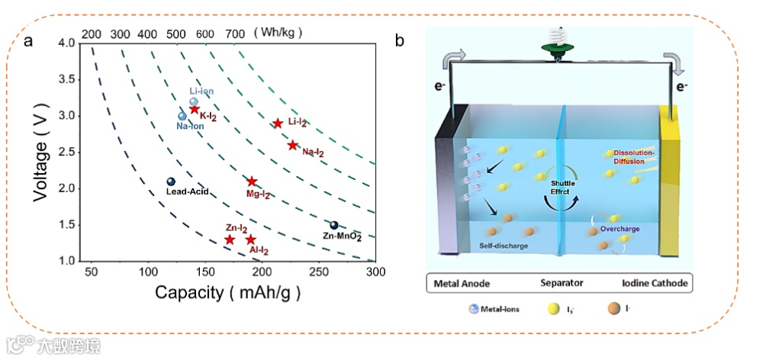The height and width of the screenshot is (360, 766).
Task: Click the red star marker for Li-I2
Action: pyautogui.click(x=278, y=124)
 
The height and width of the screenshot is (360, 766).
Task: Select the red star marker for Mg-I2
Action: pyautogui.click(x=252, y=182)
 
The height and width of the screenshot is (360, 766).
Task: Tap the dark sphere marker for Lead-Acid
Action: pyautogui.click(x=171, y=182)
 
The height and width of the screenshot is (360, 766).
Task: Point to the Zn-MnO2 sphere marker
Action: pyautogui.click(x=333, y=225)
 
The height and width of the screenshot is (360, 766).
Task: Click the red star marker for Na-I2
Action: pyautogui.click(x=292, y=145)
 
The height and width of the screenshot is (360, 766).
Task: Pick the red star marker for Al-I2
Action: pyautogui.click(x=250, y=239)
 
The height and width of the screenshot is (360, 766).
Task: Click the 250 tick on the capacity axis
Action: pyautogui.click(x=318, y=272)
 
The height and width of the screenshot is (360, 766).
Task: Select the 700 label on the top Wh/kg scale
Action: pyautogui.click(x=236, y=34)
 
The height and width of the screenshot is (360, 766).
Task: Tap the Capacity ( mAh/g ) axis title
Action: pyautogui.click(x=228, y=292)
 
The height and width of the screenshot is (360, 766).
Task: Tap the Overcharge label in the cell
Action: pyautogui.click(x=619, y=228)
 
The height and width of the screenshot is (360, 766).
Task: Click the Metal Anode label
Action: pyautogui.click(x=462, y=283)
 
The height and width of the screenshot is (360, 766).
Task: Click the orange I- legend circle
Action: pyautogui.click(x=613, y=309)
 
